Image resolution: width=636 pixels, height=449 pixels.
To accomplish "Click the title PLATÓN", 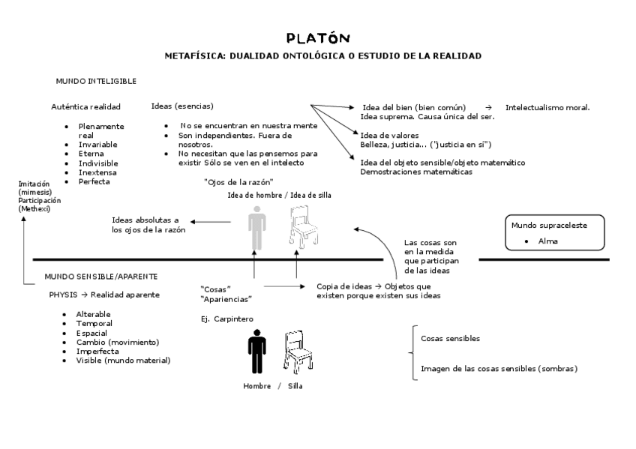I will (318, 37).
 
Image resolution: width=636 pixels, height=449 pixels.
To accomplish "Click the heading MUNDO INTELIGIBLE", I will (96, 80).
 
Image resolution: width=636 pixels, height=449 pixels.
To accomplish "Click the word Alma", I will (547, 241).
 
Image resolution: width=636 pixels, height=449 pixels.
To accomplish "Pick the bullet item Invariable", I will (98, 144).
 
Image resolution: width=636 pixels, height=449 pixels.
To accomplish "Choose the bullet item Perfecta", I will (94, 181).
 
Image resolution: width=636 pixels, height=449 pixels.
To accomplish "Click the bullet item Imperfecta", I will (97, 351).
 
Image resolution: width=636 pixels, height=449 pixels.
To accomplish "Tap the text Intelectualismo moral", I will (547, 107).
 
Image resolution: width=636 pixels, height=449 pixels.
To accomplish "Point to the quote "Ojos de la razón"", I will (238, 182).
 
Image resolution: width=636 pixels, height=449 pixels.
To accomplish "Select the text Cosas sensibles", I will (450, 338).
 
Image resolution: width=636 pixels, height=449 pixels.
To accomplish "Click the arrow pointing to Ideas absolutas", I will (211, 221).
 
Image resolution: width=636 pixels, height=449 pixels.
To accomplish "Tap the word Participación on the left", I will (40, 200).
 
